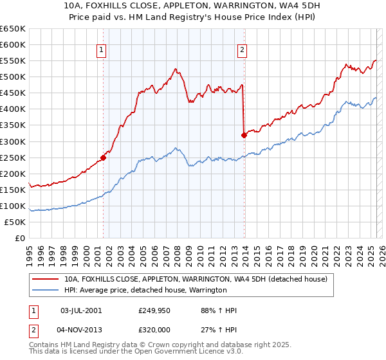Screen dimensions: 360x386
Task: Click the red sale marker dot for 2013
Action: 244,135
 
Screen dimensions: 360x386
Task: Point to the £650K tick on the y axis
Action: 13,29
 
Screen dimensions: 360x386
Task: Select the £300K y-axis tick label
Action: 13,141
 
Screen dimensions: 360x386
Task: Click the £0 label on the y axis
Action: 21,238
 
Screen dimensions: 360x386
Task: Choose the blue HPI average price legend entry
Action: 145,291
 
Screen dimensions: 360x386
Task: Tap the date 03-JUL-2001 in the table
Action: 80,310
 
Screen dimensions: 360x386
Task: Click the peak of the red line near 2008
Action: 175,69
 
